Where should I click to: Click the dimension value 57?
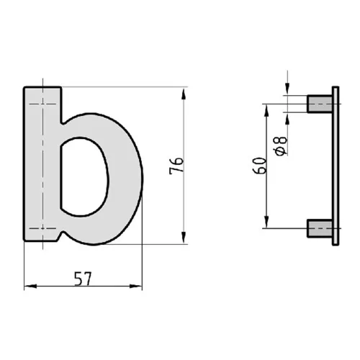pyautogui.click(x=83, y=276)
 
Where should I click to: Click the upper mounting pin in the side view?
pyautogui.click(x=319, y=104)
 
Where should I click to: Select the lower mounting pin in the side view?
pyautogui.click(x=319, y=229)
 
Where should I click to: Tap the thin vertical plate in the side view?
pyautogui.click(x=335, y=166)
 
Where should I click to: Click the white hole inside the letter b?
pyautogui.click(x=83, y=176)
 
